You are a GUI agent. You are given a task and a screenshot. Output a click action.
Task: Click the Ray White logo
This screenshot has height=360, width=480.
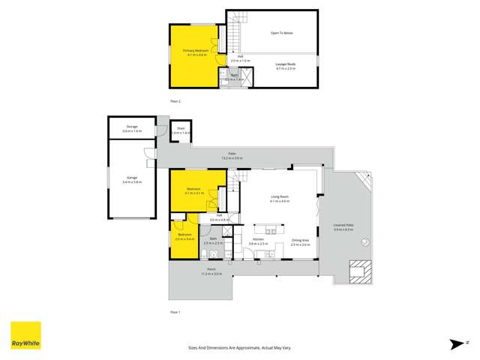point(25,336)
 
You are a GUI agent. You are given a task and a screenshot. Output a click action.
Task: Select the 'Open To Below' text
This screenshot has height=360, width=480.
point(281,33)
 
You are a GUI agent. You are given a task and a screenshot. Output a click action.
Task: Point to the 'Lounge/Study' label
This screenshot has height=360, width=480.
point(286,65)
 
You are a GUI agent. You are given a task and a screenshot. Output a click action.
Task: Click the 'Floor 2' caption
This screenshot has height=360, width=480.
point(175,100)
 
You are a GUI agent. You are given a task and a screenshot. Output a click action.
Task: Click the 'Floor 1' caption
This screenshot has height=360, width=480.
point(175,311)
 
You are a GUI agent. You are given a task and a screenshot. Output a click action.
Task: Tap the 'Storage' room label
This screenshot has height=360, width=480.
point(131,127)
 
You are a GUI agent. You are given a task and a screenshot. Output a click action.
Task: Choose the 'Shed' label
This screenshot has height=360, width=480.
point(181,129)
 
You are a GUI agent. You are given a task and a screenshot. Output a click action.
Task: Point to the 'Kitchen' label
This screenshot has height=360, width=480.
point(258,239)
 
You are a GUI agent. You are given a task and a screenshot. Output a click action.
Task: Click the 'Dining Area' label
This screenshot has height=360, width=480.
point(301,239)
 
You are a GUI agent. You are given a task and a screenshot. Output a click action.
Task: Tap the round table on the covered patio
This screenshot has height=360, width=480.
point(365,241)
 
